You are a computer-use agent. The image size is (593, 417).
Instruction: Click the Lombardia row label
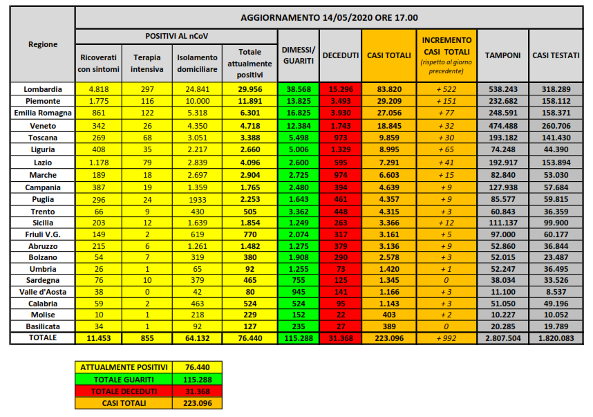(x=43, y=89)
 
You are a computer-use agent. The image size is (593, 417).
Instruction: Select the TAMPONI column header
(x=502, y=55)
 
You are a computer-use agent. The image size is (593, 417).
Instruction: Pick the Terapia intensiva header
(x=148, y=64)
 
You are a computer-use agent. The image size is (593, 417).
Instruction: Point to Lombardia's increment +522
(x=446, y=89)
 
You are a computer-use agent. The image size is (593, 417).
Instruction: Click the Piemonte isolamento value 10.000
(x=197, y=101)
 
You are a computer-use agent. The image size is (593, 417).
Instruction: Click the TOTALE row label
(x=43, y=338)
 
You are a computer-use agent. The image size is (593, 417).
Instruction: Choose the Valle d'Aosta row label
(x=43, y=291)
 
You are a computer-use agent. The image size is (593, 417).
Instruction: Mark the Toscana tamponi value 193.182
(x=502, y=137)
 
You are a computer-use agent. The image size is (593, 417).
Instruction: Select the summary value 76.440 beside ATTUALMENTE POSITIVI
(x=198, y=367)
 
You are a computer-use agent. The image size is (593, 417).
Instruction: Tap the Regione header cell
(x=43, y=45)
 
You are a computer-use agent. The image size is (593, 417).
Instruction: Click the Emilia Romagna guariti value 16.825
(x=298, y=113)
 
